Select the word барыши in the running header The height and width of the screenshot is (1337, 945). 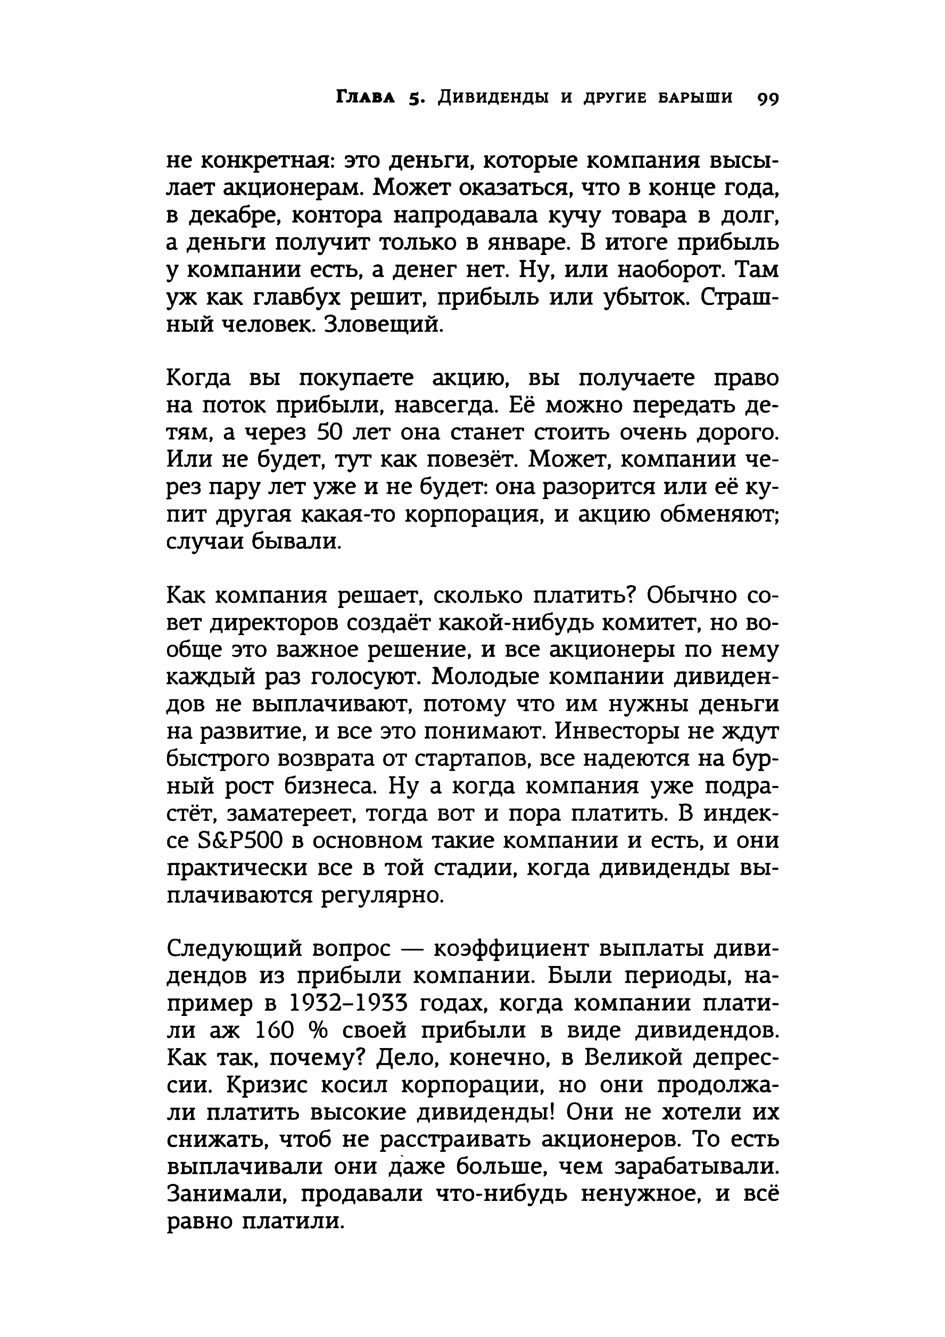pos(695,97)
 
